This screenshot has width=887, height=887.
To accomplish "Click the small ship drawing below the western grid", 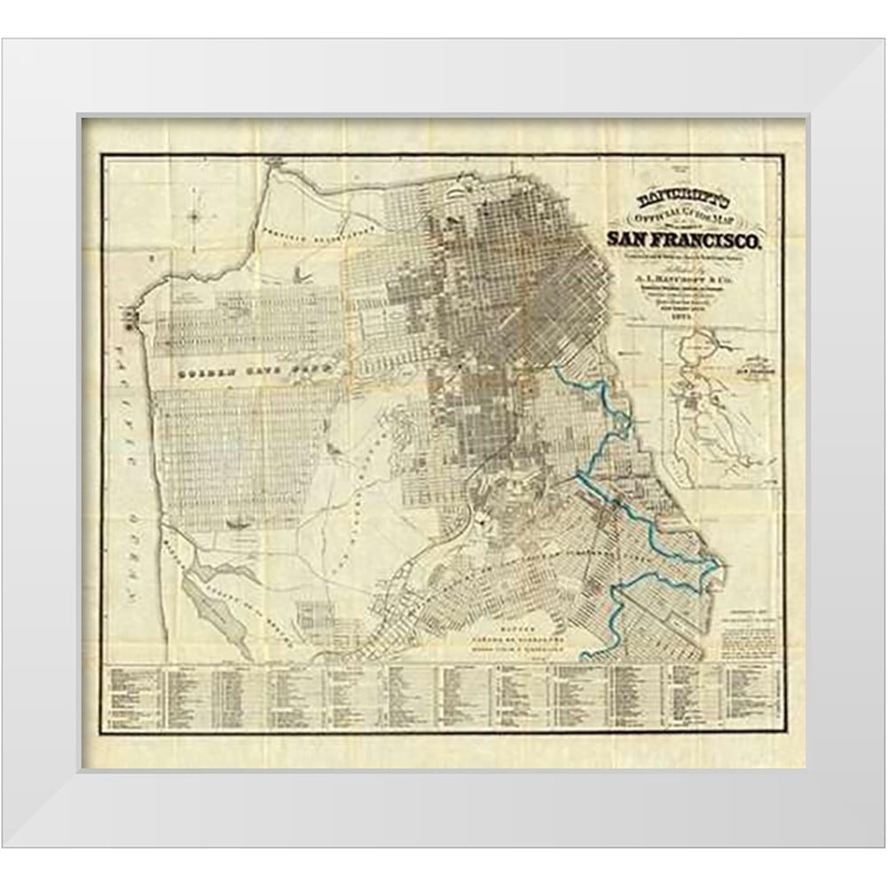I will point(237,524).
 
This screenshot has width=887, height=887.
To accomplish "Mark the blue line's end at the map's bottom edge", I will point(585,659).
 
